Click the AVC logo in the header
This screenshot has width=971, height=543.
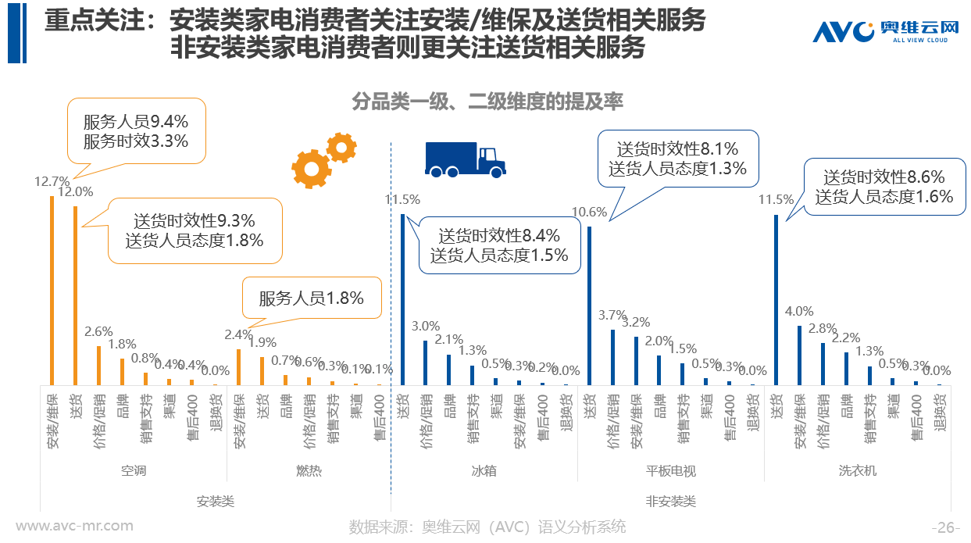(x=885, y=31)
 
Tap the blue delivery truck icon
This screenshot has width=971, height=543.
(x=465, y=159)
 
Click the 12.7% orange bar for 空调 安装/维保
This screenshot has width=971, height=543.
(x=52, y=290)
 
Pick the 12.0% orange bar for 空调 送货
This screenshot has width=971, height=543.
(x=75, y=295)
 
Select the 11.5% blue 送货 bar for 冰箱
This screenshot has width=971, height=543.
(x=402, y=299)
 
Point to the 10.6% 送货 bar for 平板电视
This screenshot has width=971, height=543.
(x=589, y=305)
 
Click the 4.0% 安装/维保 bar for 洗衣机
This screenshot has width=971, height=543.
(x=799, y=355)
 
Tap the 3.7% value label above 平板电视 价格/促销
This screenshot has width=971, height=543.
(x=612, y=316)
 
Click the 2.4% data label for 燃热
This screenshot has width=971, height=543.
(x=238, y=335)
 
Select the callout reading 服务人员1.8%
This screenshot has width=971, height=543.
(x=312, y=298)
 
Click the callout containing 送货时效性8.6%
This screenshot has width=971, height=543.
(x=884, y=187)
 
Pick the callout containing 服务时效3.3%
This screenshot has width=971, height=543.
(x=136, y=130)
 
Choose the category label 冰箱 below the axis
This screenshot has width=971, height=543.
(x=484, y=471)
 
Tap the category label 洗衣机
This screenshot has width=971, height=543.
(x=858, y=471)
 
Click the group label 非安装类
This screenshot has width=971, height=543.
(x=670, y=502)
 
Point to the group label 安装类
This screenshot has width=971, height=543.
(x=215, y=502)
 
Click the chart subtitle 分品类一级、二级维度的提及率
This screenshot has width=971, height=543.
(x=487, y=102)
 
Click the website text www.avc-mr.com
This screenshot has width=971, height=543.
(x=75, y=526)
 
